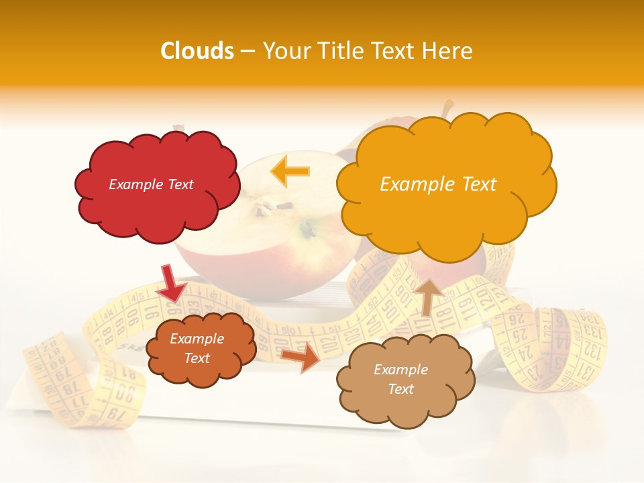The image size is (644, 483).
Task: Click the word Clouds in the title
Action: (197, 51)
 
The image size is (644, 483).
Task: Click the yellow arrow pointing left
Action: (290, 170)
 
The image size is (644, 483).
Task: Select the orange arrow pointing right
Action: (301, 358)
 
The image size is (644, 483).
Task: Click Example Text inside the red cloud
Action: (151, 184)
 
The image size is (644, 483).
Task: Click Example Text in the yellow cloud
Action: (438, 184)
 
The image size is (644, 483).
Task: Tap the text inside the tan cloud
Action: (400, 379)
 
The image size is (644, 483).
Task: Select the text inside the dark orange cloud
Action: (197, 348)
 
